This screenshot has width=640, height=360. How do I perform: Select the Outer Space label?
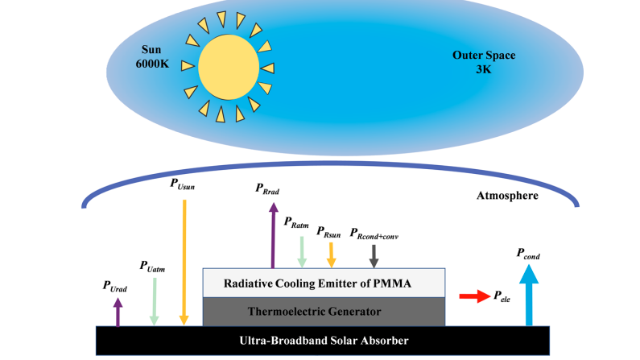483,56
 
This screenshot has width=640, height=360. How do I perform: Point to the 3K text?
483,70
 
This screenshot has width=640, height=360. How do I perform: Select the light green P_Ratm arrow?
301,250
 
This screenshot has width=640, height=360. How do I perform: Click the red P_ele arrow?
473,297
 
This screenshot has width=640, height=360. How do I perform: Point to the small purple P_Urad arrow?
118,312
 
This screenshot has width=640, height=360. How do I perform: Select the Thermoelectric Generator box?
324,311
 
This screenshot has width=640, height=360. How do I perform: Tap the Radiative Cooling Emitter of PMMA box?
324,283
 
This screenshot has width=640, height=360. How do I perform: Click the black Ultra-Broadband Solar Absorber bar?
324,341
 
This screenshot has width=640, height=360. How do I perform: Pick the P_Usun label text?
183,184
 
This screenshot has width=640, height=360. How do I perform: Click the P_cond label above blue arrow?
527,255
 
